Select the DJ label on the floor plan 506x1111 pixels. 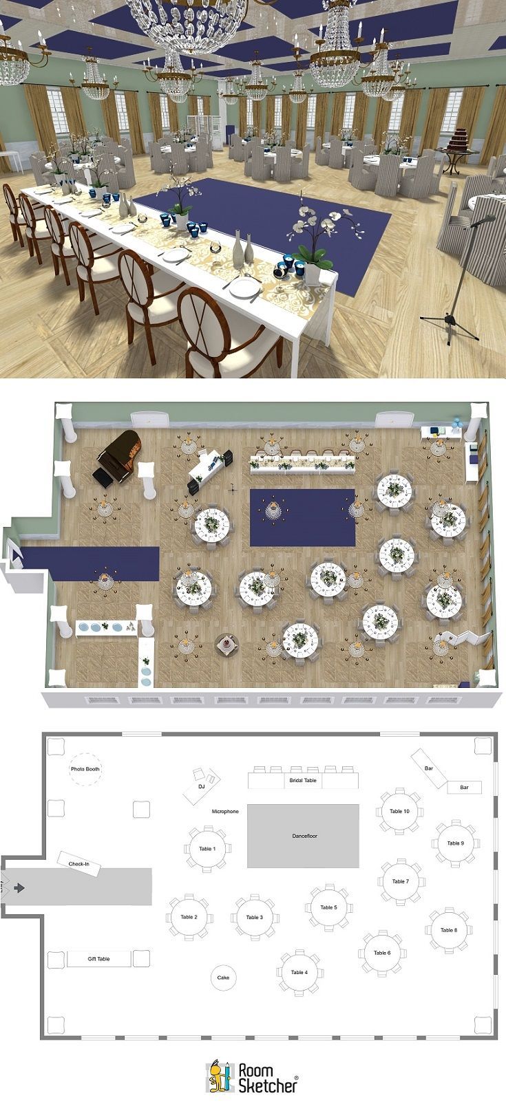[x=202, y=786]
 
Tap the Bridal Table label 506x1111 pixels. [x=302, y=781]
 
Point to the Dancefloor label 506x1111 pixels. [x=303, y=836]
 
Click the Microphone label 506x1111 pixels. [x=225, y=812]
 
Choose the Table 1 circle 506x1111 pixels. [x=207, y=849]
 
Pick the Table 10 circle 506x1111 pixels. [x=399, y=811]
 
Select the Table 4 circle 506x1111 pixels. [x=299, y=973]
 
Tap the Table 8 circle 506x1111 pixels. [x=449, y=930]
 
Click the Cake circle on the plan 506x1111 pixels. [x=223, y=978]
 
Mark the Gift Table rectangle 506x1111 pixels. [x=99, y=958]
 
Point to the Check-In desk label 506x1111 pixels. [x=79, y=864]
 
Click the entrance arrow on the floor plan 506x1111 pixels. [x=19, y=888]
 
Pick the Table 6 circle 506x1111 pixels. [x=381, y=953]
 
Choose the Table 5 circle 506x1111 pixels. [x=328, y=907]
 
